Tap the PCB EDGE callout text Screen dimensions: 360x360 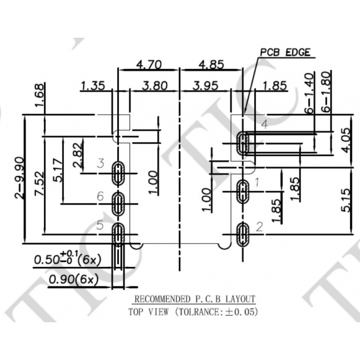[x=285, y=52]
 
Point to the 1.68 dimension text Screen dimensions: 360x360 [x=39, y=95]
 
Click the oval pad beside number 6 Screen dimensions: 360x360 [x=118, y=203]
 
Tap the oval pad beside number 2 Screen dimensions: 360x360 [x=243, y=234]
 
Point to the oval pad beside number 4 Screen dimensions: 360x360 [x=243, y=143]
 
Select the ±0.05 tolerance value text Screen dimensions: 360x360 [x=242, y=312]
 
